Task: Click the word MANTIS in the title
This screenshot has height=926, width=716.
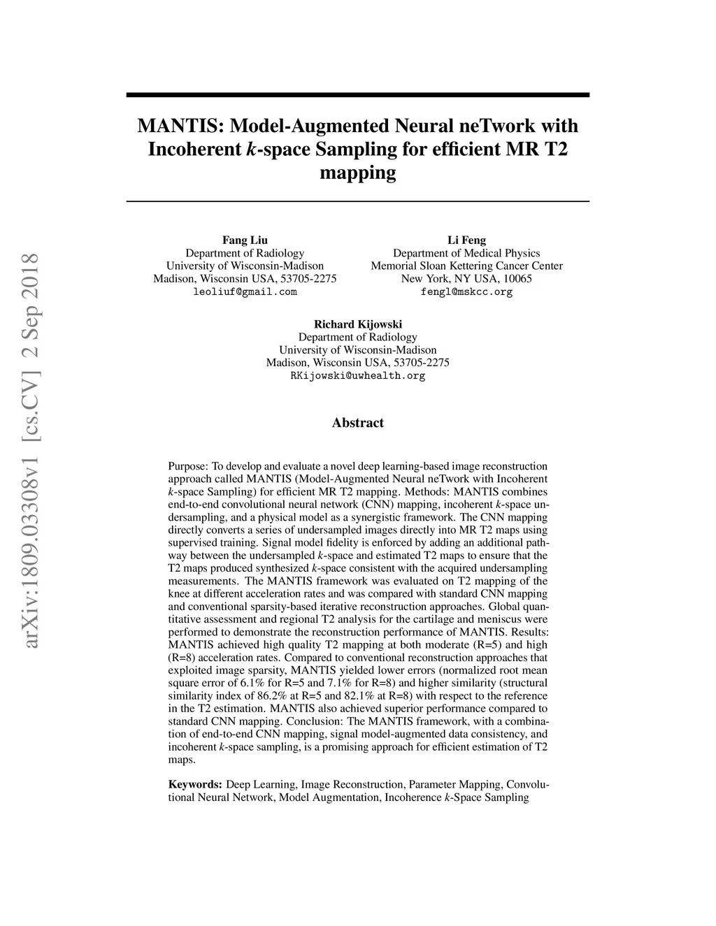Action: [180, 126]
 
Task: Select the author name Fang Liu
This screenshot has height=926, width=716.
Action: [245, 240]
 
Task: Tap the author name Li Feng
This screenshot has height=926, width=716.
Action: [466, 240]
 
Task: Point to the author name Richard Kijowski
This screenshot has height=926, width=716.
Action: [357, 324]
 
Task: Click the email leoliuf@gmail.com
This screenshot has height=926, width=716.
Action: [245, 291]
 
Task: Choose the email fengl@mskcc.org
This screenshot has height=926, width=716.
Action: [466, 291]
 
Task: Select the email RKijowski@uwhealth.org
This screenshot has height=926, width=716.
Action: [357, 375]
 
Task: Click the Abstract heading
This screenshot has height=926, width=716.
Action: [357, 423]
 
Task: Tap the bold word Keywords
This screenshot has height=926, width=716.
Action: [195, 785]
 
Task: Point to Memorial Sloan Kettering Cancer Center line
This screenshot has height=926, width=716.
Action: [466, 266]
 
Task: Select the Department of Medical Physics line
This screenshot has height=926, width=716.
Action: [466, 253]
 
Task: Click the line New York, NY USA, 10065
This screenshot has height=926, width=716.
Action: [466, 278]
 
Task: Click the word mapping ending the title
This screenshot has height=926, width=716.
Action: [357, 173]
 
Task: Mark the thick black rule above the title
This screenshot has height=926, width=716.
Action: [357, 94]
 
